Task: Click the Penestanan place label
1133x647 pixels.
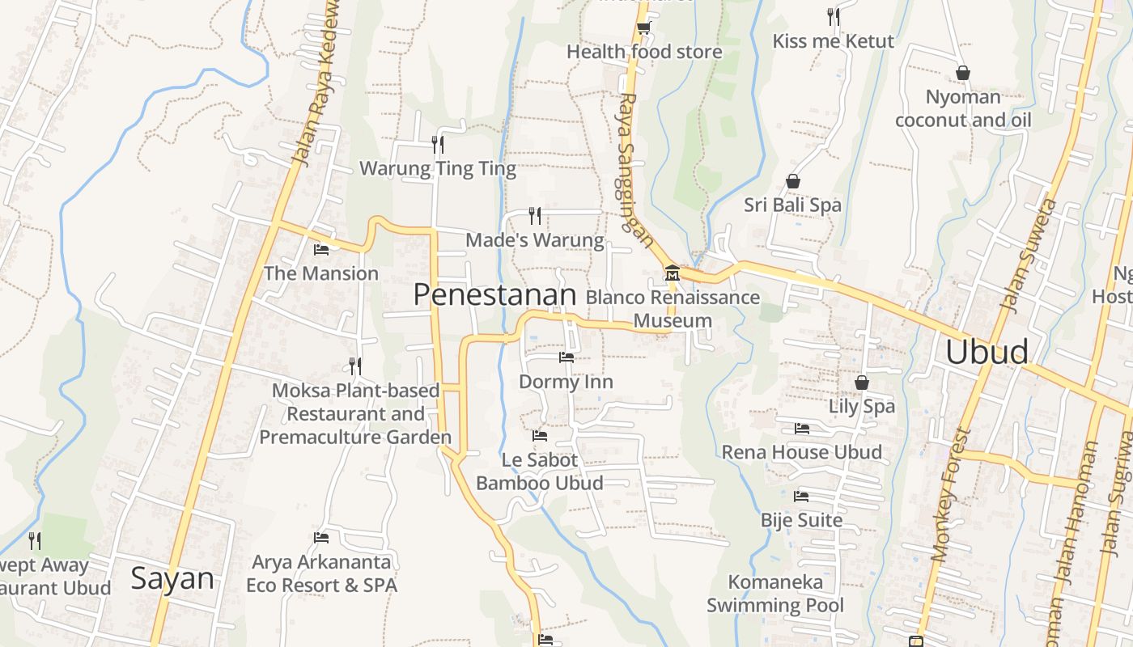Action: [x=494, y=295]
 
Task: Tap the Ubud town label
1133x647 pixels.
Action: [x=987, y=352]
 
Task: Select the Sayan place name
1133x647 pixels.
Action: [x=172, y=579]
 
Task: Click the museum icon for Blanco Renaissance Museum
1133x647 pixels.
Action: [x=672, y=273]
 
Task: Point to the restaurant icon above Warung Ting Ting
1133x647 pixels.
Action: [x=438, y=145]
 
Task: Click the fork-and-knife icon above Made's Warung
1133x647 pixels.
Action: [x=534, y=216]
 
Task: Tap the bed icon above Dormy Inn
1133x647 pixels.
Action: [x=566, y=357]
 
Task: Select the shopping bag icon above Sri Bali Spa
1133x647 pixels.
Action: [x=793, y=181]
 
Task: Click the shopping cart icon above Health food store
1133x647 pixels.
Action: [x=643, y=28]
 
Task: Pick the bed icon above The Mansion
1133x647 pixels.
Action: [x=321, y=250]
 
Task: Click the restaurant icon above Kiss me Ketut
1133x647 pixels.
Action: [x=834, y=17]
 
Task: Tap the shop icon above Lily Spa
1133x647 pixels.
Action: [x=862, y=383]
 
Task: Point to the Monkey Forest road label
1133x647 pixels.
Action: [x=950, y=495]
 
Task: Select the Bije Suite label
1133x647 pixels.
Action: [x=801, y=520]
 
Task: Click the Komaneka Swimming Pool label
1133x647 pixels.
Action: [x=775, y=594]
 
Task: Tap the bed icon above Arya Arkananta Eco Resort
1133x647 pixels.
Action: [x=321, y=538]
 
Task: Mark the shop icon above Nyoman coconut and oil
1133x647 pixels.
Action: [x=963, y=74]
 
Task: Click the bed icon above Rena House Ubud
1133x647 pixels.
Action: [x=802, y=429]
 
